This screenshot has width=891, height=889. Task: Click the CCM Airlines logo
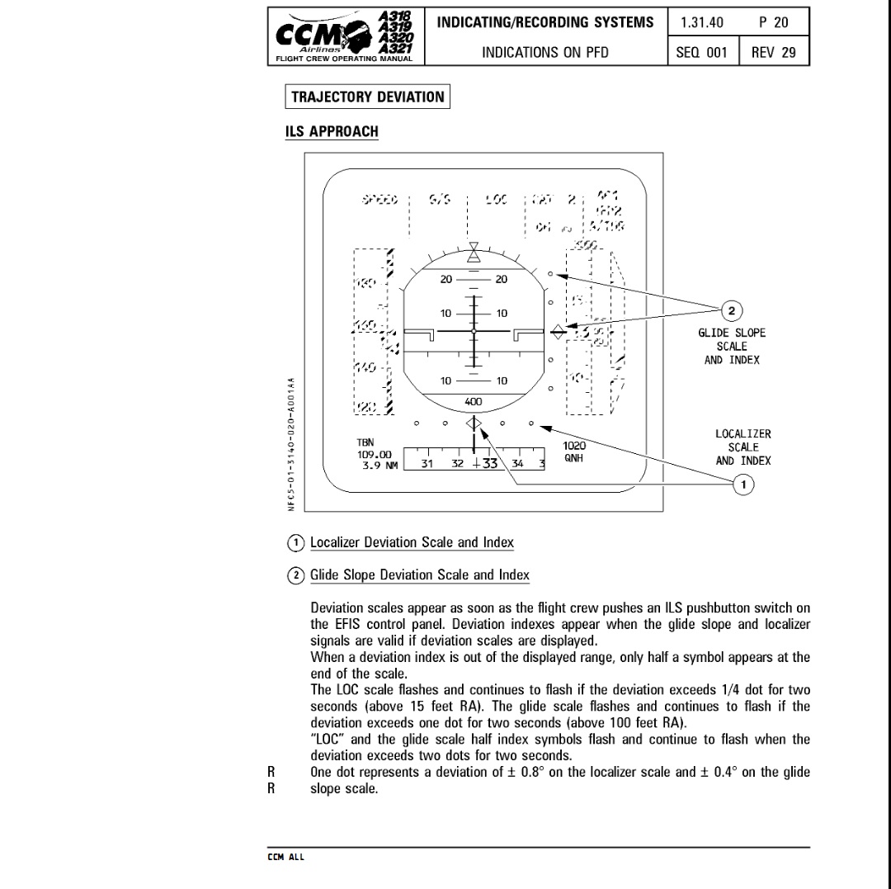pyautogui.click(x=346, y=37)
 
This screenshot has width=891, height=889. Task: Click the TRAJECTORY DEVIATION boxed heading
pyautogui.click(x=367, y=97)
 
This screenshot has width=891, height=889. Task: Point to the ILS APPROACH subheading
pyautogui.click(x=332, y=131)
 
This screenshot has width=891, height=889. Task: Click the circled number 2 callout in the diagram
pyautogui.click(x=731, y=310)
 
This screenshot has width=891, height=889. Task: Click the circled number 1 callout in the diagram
pyautogui.click(x=743, y=485)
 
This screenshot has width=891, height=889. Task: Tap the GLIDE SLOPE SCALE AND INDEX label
pyautogui.click(x=731, y=346)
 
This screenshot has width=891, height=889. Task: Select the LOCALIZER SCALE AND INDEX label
pyautogui.click(x=742, y=447)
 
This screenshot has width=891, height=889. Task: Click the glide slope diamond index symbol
pyautogui.click(x=559, y=331)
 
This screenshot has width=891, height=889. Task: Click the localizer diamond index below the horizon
pyautogui.click(x=474, y=423)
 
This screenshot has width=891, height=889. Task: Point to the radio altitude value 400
pyautogui.click(x=474, y=402)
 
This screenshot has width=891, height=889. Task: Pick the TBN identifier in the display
pyautogui.click(x=366, y=443)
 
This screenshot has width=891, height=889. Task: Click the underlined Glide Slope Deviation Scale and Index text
pyautogui.click(x=419, y=575)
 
